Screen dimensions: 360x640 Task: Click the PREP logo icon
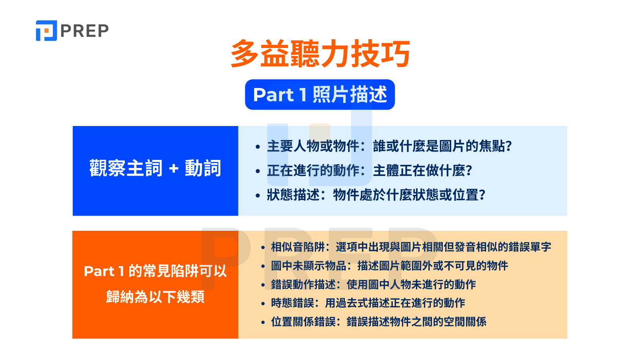[x=46, y=31]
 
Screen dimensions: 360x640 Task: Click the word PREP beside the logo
[x=84, y=31]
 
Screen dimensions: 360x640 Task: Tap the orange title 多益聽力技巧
[x=320, y=54]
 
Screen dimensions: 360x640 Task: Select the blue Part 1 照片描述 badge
[x=320, y=95]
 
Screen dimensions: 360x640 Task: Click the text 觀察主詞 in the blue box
[x=126, y=168]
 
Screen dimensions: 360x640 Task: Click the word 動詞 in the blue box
[x=203, y=168]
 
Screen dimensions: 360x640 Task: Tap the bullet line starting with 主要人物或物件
[x=389, y=146]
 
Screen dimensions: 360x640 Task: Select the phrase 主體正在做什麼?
[x=422, y=171]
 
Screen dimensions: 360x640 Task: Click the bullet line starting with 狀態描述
[x=376, y=195]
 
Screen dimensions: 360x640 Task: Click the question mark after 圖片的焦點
[x=509, y=146]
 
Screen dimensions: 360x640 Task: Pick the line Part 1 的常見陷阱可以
[x=155, y=271]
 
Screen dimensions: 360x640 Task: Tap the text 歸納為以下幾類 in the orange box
[x=155, y=297]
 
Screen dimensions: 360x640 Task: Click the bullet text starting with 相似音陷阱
[x=410, y=247]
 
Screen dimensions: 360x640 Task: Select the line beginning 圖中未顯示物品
[x=389, y=266]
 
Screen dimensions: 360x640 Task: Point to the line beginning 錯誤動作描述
[x=373, y=284]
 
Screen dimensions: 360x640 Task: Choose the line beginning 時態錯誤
[x=368, y=303]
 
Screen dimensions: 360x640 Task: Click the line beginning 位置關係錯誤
[x=378, y=322]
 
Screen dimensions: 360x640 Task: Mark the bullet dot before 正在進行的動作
[x=258, y=172]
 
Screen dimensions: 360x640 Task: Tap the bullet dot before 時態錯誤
[x=263, y=304]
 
